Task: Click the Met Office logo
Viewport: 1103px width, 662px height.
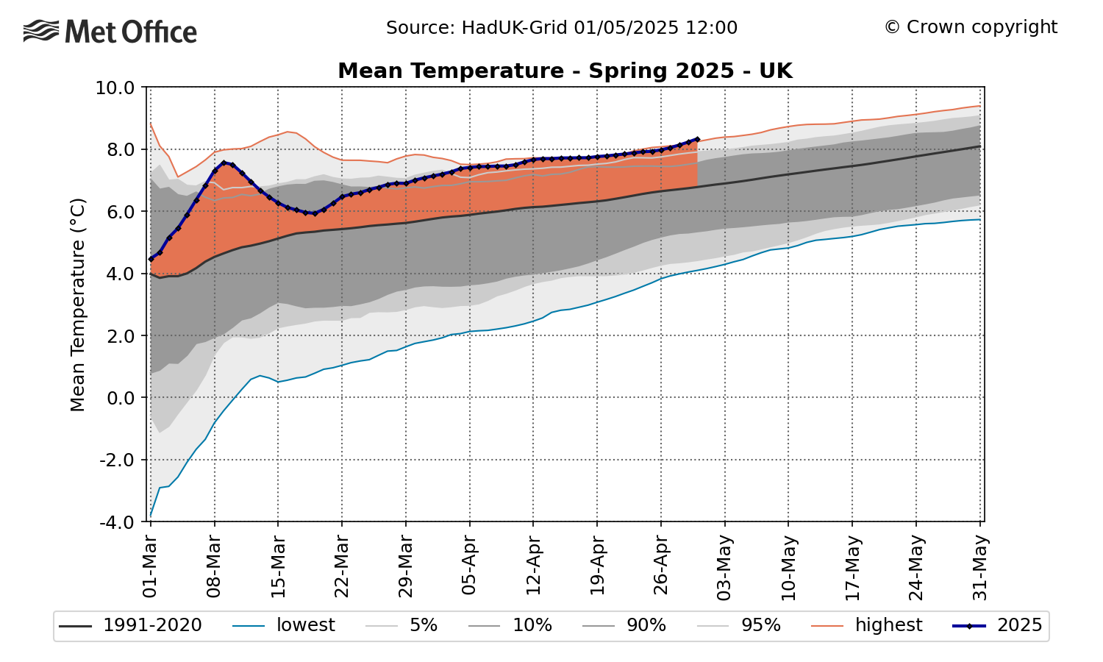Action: click(110, 32)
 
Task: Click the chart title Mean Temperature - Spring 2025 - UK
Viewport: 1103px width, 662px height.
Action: click(565, 71)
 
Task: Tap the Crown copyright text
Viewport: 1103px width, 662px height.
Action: click(971, 27)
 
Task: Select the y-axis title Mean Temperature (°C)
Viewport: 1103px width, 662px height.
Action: click(78, 305)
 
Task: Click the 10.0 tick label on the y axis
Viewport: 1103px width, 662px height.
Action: click(114, 88)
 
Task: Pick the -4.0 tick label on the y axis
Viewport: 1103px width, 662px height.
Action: click(114, 522)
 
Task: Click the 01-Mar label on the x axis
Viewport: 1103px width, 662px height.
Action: click(150, 566)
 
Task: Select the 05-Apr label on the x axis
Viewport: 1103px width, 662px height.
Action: click(469, 566)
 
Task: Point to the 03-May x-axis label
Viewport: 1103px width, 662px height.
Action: click(724, 566)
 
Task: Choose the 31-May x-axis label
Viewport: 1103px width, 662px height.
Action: click(979, 566)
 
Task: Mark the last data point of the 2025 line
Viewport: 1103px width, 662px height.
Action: click(697, 138)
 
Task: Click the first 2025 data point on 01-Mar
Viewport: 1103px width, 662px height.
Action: click(151, 259)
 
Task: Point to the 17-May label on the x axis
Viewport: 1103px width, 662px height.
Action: click(852, 566)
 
